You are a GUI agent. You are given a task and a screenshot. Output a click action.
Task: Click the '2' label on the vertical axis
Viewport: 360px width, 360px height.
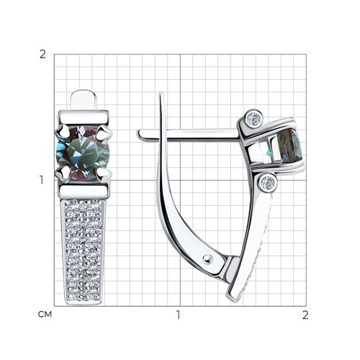click(42, 55)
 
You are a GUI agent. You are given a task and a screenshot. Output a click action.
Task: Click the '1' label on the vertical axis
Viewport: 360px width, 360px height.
click(42, 180)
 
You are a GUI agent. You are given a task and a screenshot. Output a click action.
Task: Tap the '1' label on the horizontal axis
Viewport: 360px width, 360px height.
click(178, 315)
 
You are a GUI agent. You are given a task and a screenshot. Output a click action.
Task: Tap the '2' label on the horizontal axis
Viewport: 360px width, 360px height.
click(305, 315)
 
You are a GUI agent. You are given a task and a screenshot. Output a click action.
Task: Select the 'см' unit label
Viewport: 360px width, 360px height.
click(45, 315)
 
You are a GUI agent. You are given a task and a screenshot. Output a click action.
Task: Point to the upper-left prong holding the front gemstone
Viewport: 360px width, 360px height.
click(63, 131)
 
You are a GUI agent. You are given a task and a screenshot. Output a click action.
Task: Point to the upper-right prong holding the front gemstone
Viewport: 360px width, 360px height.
click(104, 132)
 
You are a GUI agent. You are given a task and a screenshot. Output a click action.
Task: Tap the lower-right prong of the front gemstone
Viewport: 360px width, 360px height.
click(104, 174)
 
